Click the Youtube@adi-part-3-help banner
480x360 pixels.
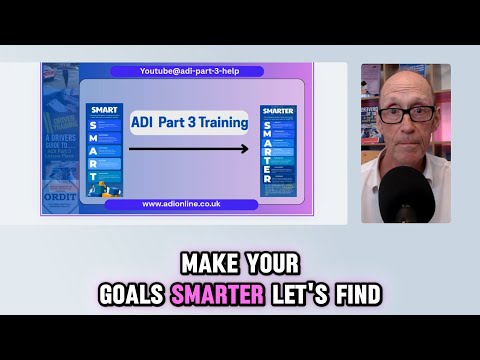(188, 71)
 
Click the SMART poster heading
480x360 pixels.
(104, 108)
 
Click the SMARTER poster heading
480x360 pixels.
(278, 111)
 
